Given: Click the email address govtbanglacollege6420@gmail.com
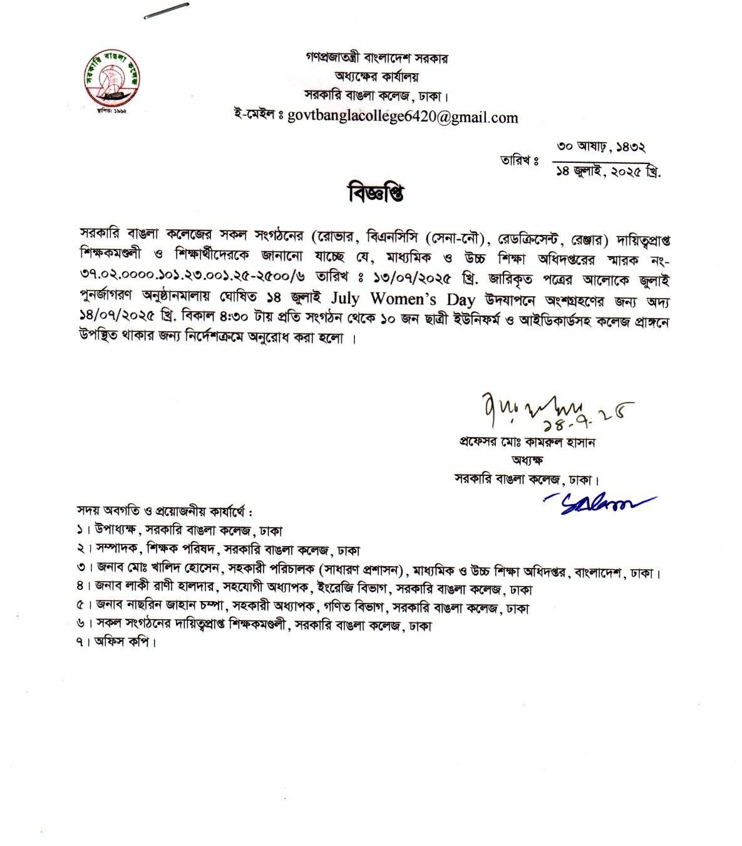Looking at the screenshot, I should [x=402, y=117].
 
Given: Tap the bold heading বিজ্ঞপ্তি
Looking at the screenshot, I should [x=376, y=192].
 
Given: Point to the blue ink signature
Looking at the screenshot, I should [x=597, y=503].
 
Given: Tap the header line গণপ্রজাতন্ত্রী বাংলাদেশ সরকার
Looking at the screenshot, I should [x=377, y=58].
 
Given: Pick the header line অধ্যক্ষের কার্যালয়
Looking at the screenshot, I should [x=376, y=77].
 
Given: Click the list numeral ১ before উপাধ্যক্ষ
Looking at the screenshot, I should [x=80, y=530].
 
